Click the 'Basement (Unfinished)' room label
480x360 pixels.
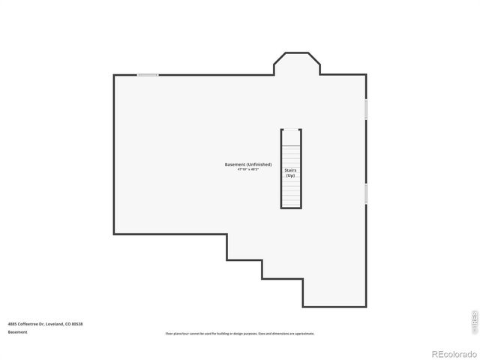247,164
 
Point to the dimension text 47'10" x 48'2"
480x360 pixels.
247,169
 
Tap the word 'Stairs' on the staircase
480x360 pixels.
291,170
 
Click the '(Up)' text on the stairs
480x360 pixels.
291,175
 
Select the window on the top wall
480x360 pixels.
148,74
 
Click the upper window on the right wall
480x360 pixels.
366,109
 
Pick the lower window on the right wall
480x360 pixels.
366,193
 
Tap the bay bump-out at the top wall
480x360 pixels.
297,64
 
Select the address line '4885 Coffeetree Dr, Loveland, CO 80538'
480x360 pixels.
45,323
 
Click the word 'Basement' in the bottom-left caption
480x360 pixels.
18,331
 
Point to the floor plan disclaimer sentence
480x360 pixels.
240,333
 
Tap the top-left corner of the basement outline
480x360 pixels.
114,75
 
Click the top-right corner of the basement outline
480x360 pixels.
366,75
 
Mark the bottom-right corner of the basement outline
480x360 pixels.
366,306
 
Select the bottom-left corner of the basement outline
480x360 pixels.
114,232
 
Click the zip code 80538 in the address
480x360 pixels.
77,323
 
